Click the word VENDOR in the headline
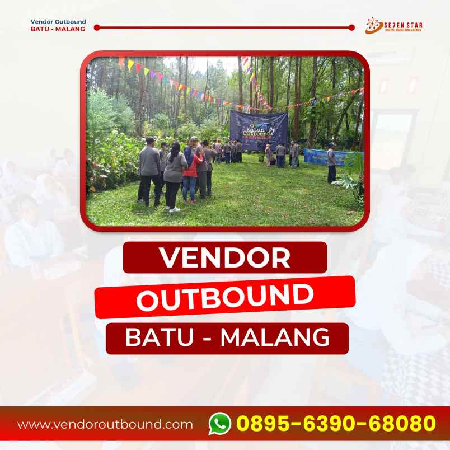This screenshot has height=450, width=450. pyautogui.click(x=225, y=258)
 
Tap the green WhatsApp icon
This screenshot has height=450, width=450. pyautogui.click(x=220, y=423)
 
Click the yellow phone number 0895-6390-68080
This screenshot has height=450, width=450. pyautogui.click(x=335, y=423)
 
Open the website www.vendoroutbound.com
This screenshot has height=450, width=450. pyautogui.click(x=105, y=424)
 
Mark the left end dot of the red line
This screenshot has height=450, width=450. pyautogui.click(x=97, y=27)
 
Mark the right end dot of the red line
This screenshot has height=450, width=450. pyautogui.click(x=351, y=27)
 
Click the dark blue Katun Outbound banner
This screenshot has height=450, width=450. pyautogui.click(x=258, y=129)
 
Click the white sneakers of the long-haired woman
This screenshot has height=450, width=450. pyautogui.click(x=174, y=209)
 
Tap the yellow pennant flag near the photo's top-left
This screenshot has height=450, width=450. pyautogui.click(x=130, y=65)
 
